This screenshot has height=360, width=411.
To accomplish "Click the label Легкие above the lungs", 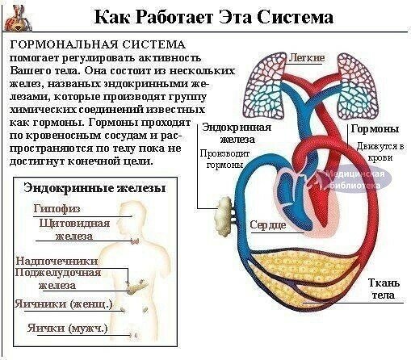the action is [x=307, y=57].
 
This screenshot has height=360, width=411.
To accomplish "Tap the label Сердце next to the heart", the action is [x=268, y=224].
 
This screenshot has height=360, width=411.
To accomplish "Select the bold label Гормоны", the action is [x=375, y=128].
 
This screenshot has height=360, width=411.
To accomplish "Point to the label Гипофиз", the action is [x=57, y=208].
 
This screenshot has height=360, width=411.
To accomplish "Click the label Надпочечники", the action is [x=57, y=261].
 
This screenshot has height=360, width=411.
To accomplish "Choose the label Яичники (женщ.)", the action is [x=63, y=304].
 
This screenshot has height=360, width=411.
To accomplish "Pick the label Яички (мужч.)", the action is [x=67, y=329].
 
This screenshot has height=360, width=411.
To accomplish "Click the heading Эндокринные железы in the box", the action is [x=94, y=188].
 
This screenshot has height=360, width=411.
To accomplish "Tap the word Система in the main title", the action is [x=295, y=17].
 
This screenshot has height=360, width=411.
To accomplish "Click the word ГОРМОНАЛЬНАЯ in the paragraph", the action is [x=64, y=44].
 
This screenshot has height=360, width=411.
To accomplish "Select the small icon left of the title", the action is [x=18, y=19].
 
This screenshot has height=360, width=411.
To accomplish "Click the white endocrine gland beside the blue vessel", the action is [x=224, y=216].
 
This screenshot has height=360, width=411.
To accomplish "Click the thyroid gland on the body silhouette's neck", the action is [x=135, y=241].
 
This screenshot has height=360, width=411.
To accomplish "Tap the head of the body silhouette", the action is [x=132, y=218].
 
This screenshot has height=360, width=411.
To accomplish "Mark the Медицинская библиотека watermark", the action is [x=354, y=179].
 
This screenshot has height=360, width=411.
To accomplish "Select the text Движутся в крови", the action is [x=380, y=152].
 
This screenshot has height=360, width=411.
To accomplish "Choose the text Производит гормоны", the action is [x=224, y=159].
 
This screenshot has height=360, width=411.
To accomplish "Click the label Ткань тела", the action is [x=384, y=289].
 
